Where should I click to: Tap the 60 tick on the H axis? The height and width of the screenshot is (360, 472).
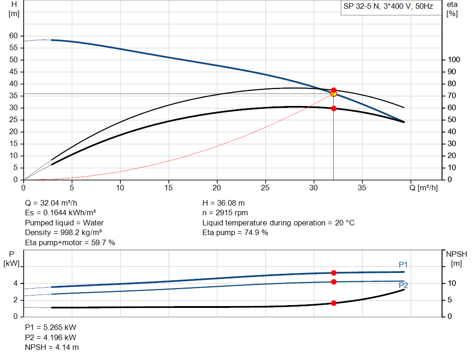[x=13, y=35]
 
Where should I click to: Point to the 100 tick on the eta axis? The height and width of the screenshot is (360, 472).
[x=453, y=59]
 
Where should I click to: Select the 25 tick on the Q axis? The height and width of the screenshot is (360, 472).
[x=265, y=188]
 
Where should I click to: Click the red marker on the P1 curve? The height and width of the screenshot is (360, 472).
[x=334, y=273]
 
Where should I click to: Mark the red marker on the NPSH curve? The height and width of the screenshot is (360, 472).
[x=334, y=303]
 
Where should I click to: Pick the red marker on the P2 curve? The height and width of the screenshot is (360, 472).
[x=334, y=282]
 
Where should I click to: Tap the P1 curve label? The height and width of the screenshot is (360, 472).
[x=403, y=265]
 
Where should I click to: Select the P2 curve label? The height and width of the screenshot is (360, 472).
[x=403, y=286]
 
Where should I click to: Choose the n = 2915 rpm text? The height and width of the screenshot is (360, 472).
[x=225, y=213]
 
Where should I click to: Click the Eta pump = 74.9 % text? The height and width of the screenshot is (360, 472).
[x=235, y=232]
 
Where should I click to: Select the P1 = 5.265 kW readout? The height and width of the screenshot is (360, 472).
[x=51, y=327]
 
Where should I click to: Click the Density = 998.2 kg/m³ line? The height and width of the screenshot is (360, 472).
[x=64, y=232]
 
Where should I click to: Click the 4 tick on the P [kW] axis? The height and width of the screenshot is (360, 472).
[x=15, y=283]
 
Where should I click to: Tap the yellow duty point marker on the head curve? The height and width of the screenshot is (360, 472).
[x=334, y=94]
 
